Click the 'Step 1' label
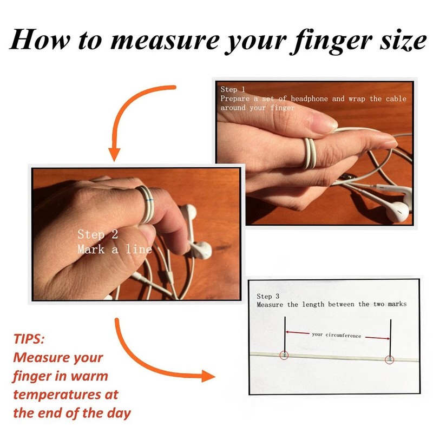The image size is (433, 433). (233, 89)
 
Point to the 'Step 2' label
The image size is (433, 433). (98, 234)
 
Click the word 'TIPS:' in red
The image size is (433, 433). (29, 339)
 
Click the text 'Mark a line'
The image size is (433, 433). (115, 249)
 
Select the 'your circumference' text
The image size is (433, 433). (336, 335)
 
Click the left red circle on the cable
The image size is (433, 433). (284, 355)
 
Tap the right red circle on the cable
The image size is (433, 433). (389, 359)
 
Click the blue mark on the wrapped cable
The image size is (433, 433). (149, 199)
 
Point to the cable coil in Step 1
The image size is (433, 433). (309, 153)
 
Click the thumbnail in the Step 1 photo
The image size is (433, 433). (324, 122)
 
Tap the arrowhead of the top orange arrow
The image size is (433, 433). (114, 154)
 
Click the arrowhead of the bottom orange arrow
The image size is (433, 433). (208, 376)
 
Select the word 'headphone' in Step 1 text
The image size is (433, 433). (309, 99)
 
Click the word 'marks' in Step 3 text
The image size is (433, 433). (397, 304)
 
